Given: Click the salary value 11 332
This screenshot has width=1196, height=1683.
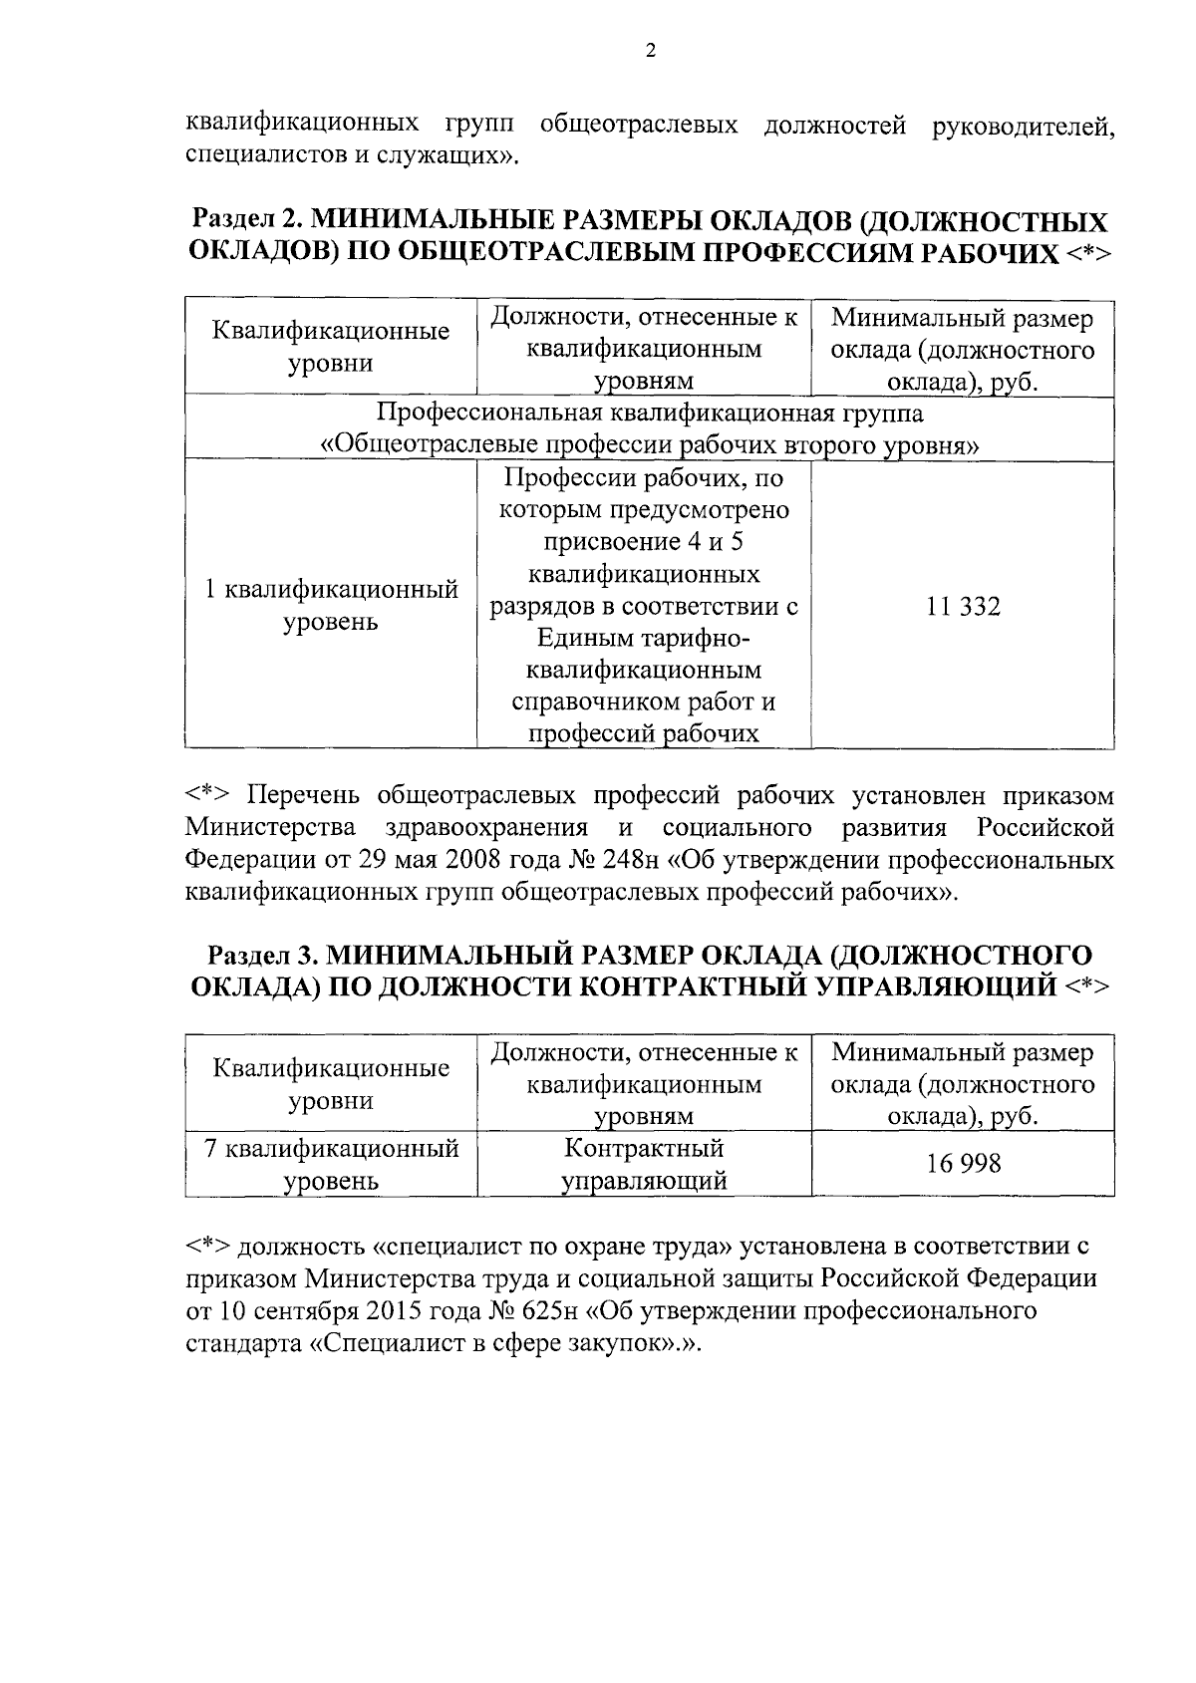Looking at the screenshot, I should (963, 606).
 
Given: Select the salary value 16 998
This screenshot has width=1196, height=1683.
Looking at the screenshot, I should (963, 1163).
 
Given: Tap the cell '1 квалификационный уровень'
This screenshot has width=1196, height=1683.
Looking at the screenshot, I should (331, 606).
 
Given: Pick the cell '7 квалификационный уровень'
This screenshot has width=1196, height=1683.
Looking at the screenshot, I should (331, 1164).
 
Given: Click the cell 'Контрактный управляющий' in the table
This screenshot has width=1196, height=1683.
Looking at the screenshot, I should (644, 1164).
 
